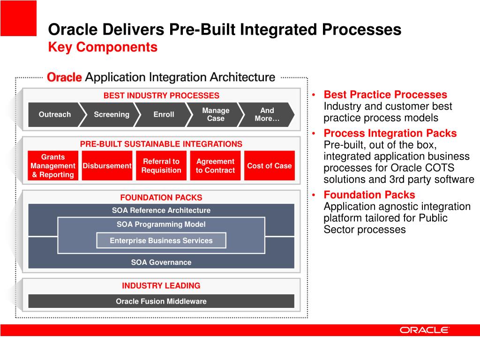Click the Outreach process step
tap(54, 114)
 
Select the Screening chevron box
tap(111, 114)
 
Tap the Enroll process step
tap(164, 114)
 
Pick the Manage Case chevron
tap(216, 114)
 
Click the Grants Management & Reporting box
tap(53, 165)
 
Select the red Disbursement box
tap(107, 165)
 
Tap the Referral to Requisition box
tap(161, 165)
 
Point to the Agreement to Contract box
tap(215, 165)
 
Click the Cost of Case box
tap(270, 165)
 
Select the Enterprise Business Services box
tap(161, 240)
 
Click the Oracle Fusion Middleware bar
tap(161, 301)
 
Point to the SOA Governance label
tap(161, 262)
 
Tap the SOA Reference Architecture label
tap(161, 210)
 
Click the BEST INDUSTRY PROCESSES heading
tap(161, 96)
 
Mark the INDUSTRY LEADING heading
tap(161, 285)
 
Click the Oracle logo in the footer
tap(424, 330)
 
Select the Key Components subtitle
tap(103, 47)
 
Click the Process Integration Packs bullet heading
tap(390, 133)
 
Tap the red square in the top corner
tap(18, 18)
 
